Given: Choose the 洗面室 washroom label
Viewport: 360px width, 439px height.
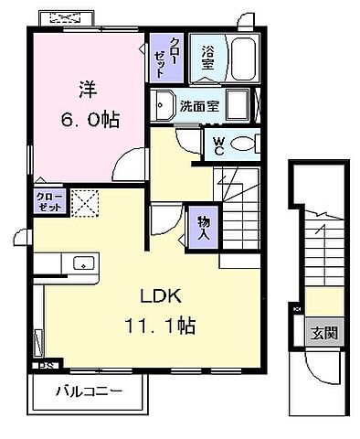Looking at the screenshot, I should coord(198,105).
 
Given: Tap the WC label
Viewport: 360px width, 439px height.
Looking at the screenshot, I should coord(219,143).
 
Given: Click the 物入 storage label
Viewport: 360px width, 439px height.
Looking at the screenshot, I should coord(203,228).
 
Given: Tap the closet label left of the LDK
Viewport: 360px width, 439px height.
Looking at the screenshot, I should coord(49,201).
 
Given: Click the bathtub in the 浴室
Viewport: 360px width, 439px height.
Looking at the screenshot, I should coord(244,60).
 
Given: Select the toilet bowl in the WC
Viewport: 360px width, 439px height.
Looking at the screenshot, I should coord(244,144).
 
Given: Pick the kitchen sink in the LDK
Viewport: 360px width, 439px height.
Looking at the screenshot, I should coord(84,263).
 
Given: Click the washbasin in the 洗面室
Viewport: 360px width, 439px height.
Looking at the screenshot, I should coord(164,105).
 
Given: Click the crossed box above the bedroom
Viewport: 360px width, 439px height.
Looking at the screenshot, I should coord(65,18).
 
